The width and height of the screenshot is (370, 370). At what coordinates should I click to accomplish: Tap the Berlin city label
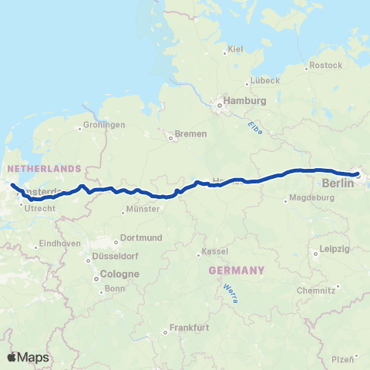tap(338, 183)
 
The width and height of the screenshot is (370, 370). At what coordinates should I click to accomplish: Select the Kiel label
tap(235, 50)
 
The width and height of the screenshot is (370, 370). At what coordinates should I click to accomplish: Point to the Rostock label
tap(325, 66)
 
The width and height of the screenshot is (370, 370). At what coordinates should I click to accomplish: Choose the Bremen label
tap(191, 134)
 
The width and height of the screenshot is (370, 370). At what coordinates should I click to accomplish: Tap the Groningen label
tap(106, 125)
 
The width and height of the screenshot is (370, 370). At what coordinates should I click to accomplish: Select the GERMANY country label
tap(237, 271)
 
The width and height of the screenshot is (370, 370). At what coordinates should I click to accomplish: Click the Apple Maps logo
tap(29, 357)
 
